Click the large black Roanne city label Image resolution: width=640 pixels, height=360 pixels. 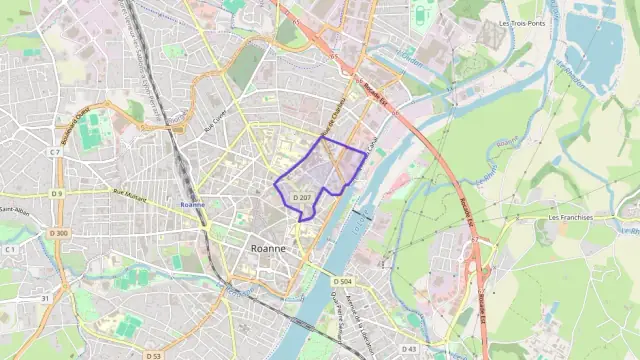click(267, 248)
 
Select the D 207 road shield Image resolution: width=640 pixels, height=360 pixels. click(303, 198)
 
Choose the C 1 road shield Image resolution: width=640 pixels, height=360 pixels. click(10, 248)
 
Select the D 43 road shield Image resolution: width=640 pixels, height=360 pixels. click(408, 348)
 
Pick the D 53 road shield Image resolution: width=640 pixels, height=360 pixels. click(153, 355)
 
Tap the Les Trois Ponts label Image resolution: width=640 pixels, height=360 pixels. click(522, 22)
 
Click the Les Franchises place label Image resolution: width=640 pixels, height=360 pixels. click(571, 217)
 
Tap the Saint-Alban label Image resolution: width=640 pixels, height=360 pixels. click(14, 210)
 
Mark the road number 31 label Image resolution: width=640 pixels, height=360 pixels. click(45, 298)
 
